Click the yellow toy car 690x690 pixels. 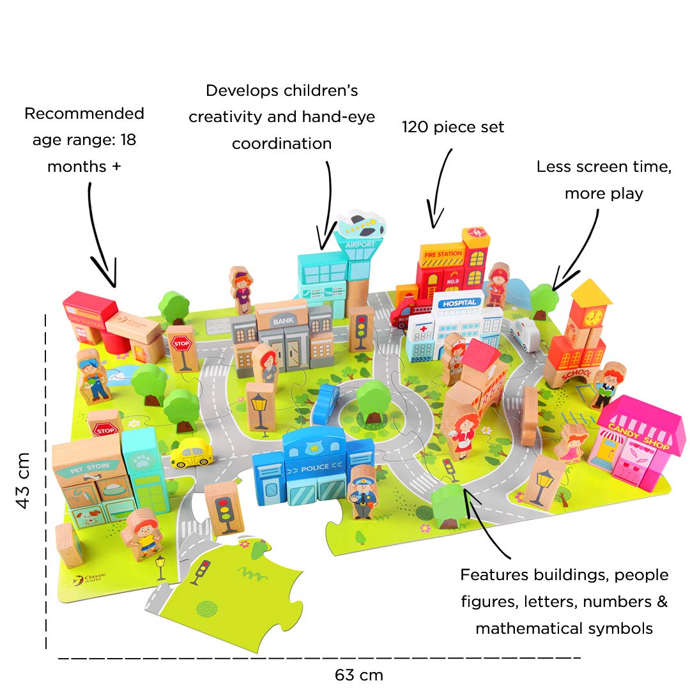coord(191,453)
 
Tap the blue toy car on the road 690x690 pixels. coord(326,404)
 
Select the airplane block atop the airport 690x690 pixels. coord(362,225)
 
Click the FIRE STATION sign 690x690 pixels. coord(442,254)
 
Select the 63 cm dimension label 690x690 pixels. coord(358,675)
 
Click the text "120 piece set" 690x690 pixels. coord(452,127)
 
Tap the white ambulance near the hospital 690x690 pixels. coord(523,334)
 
